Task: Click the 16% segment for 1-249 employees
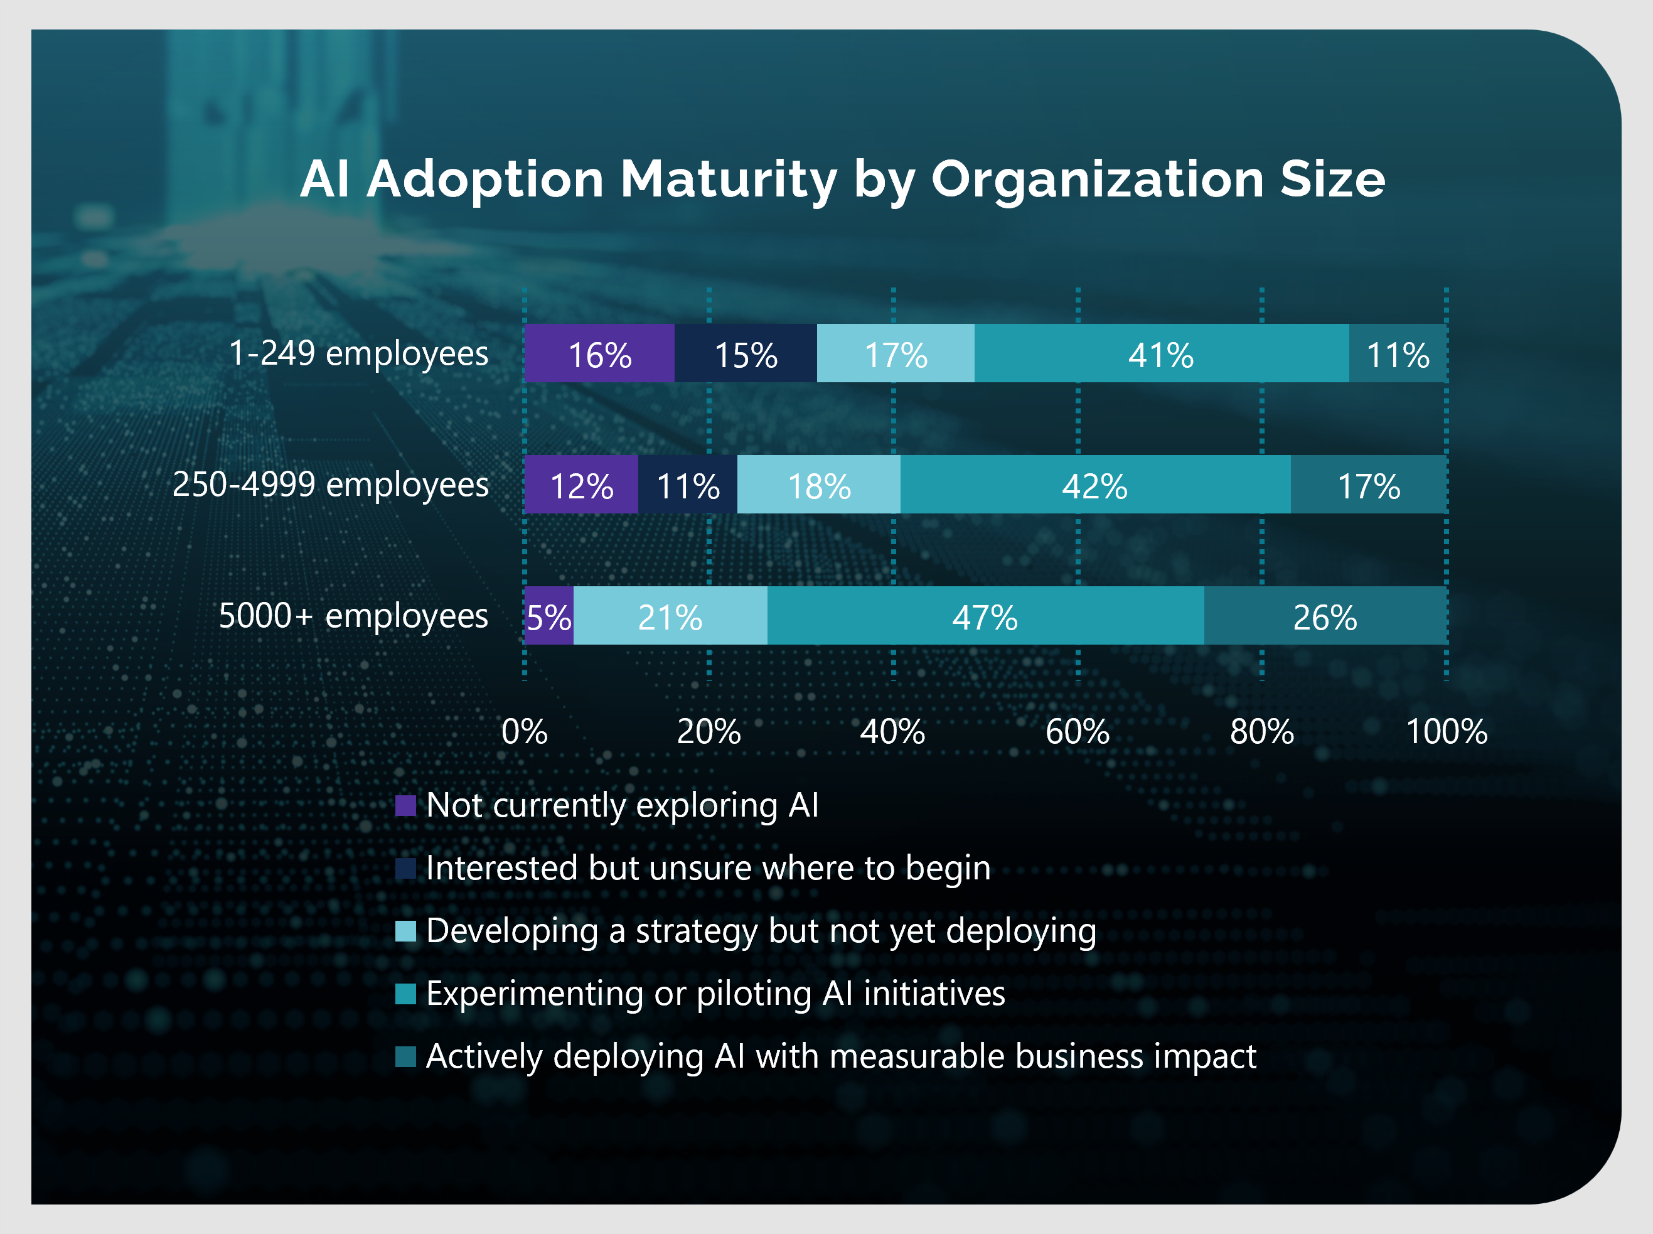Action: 599,353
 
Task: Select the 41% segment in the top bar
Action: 1161,353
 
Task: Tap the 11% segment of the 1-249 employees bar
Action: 1398,353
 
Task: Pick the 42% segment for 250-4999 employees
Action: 1094,485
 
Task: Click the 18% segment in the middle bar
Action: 819,485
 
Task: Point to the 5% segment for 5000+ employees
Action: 549,616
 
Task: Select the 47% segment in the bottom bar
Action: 985,616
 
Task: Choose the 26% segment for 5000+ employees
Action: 1325,616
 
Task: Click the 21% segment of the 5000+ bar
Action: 670,616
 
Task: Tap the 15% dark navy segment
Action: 746,353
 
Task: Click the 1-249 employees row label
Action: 358,353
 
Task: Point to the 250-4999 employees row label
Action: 331,485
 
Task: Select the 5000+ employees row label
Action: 353,616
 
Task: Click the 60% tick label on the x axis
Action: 1077,731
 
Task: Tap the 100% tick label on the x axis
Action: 1446,731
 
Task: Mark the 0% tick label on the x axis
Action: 525,731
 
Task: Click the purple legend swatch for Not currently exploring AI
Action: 405,806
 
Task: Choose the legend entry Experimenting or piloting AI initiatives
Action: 715,994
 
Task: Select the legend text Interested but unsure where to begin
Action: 708,868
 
